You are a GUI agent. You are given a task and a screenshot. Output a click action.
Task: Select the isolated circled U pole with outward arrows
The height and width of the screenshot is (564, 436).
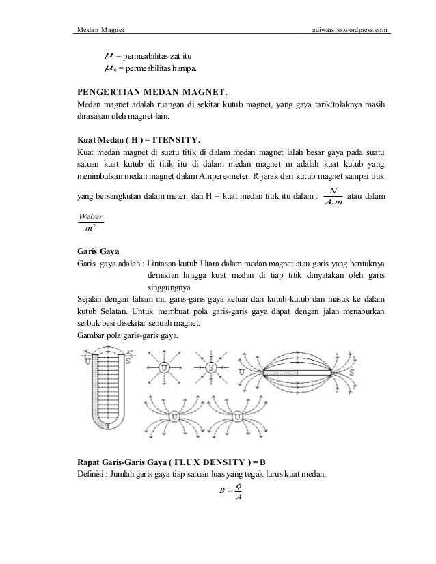tap(164, 368)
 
